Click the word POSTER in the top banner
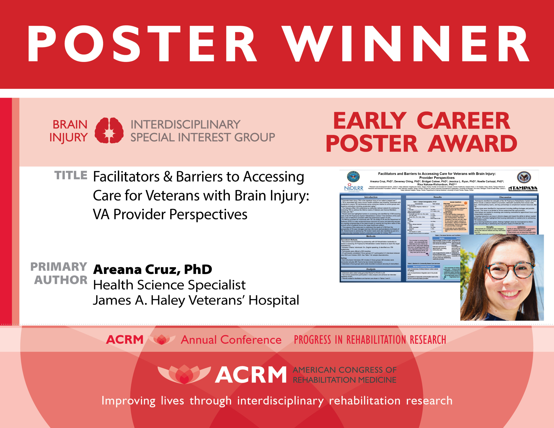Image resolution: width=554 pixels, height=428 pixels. tap(142, 44)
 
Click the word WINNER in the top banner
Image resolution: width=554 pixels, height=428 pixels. tap(406, 44)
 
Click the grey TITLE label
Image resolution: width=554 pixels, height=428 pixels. tap(71, 175)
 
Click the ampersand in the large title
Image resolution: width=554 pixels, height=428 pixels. tap(168, 177)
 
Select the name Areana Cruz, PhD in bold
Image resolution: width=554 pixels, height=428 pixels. tap(152, 269)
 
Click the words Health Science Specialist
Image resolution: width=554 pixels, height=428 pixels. tap(169, 285)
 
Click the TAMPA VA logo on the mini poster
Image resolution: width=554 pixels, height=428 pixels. tap(523, 188)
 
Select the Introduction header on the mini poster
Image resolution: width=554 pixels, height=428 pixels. tap(371, 197)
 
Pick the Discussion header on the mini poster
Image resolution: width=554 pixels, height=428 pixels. tap(505, 197)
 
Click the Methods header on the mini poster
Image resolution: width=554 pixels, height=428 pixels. tap(371, 236)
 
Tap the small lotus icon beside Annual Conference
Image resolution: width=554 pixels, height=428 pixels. tap(162, 340)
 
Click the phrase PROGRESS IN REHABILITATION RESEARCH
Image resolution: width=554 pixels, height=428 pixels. tap(370, 340)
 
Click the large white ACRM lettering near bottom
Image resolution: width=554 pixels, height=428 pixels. tap(251, 375)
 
